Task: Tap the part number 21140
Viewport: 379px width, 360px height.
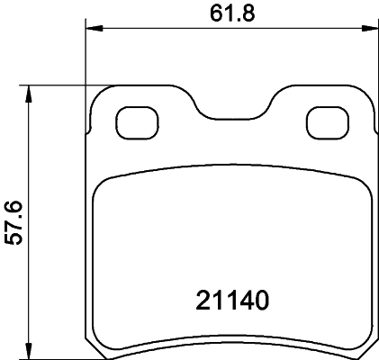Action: (233, 299)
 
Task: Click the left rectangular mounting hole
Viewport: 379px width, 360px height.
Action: (138, 119)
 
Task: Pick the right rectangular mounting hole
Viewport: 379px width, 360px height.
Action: (326, 119)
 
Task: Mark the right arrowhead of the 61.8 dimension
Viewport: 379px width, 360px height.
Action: (371, 28)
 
